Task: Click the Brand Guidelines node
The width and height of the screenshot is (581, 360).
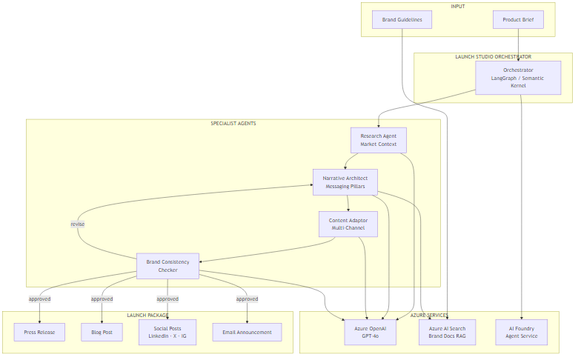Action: click(x=402, y=19)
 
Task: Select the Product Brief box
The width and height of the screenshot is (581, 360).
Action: click(x=518, y=19)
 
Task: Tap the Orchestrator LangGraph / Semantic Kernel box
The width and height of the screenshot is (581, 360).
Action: click(x=518, y=78)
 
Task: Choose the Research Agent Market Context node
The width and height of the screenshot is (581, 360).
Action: click(x=379, y=140)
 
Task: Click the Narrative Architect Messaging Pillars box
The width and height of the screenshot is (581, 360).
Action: click(x=345, y=182)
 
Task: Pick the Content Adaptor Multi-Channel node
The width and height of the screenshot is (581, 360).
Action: click(x=348, y=224)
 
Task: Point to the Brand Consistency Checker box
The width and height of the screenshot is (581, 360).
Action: click(x=167, y=266)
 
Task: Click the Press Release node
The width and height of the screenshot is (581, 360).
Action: click(x=39, y=332)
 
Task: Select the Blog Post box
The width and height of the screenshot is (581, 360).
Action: click(x=102, y=332)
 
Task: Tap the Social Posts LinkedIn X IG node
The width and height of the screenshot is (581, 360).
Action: click(x=167, y=332)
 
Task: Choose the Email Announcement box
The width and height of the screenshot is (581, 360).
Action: click(x=247, y=332)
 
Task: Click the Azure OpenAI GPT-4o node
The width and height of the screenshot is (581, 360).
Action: click(x=371, y=332)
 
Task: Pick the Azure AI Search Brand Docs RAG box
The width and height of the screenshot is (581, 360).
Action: click(x=447, y=332)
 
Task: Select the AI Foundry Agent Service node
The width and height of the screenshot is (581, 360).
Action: click(x=521, y=332)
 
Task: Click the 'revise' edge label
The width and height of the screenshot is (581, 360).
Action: click(x=78, y=224)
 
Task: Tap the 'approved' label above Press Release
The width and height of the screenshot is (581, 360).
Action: click(x=39, y=299)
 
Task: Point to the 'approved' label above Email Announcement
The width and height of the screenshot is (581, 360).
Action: click(x=247, y=299)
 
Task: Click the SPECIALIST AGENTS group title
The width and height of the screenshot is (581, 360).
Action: click(x=233, y=124)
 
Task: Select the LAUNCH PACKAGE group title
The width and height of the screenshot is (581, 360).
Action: click(x=147, y=316)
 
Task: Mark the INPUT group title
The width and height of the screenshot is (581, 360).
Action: click(x=459, y=7)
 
